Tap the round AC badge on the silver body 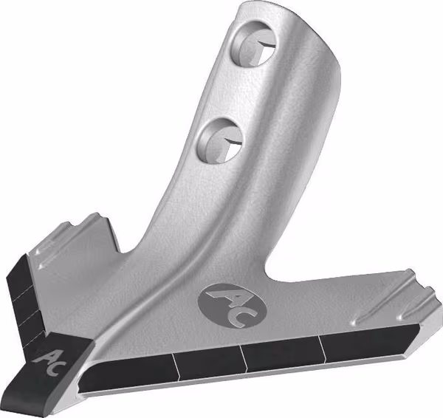(233, 306)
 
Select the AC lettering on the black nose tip (49, 363)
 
